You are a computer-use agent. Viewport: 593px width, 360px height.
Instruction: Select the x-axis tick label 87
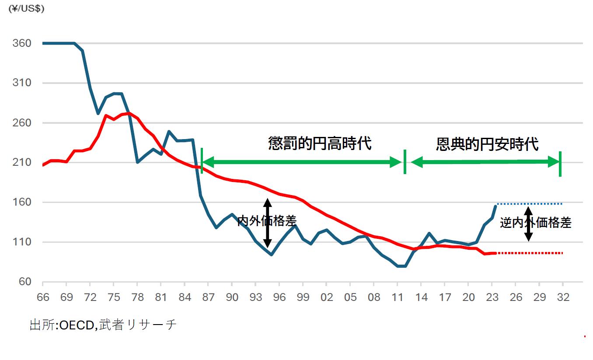coord(208,297)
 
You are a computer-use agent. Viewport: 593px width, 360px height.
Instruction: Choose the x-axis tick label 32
coord(563,297)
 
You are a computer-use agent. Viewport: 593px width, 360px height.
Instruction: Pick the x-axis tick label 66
coord(42,297)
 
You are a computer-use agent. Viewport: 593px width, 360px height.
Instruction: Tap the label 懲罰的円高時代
coord(320,143)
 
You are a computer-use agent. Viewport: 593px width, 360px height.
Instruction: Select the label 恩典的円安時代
coord(487,144)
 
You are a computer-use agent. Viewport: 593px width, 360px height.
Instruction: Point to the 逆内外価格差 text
coord(536,223)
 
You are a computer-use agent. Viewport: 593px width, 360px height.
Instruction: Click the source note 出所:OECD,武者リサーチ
coord(103,325)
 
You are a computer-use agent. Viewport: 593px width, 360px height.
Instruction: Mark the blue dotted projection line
coord(529,204)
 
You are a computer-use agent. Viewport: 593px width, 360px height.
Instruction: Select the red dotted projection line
coord(529,253)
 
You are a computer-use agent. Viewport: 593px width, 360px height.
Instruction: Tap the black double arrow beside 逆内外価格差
coord(529,224)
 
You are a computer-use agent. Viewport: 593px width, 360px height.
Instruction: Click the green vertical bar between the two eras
coord(405,162)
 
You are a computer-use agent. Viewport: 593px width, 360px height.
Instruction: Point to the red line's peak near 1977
coord(127,113)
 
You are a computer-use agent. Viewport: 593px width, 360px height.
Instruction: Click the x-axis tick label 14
coord(421,297)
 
